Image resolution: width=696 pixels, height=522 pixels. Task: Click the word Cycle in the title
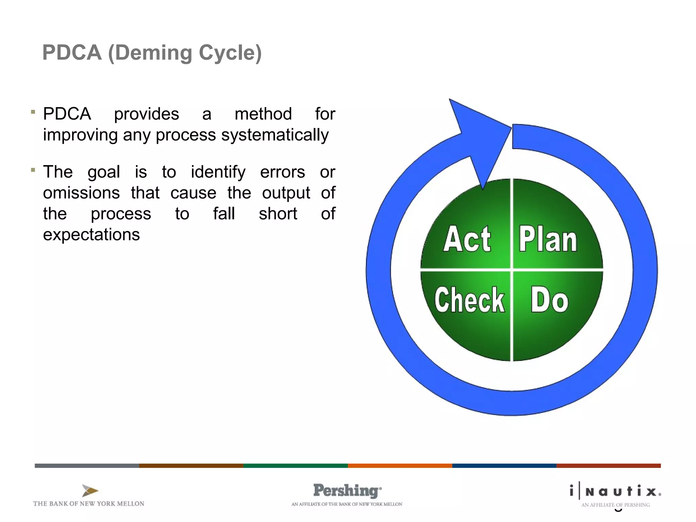229,53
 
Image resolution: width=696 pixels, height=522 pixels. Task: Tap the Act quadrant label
467,239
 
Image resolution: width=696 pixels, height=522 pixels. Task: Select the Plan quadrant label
547,240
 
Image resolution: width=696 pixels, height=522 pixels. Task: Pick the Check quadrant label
469,300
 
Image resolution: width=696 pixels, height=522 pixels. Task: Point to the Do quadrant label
549,300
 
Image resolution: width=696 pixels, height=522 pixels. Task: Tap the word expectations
91,234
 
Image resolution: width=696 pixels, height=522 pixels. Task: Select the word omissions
81,193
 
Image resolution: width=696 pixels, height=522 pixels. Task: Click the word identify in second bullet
218,172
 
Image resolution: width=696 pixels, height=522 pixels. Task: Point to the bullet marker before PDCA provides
33,112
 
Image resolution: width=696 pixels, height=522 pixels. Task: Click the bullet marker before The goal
33,170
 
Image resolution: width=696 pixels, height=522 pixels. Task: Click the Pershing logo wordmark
347,491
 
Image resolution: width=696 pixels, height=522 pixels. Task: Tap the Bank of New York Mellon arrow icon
90,491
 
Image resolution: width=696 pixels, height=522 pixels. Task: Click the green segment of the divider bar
295,466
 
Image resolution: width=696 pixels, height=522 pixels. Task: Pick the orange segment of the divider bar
400,466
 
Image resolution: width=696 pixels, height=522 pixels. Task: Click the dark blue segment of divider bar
504,466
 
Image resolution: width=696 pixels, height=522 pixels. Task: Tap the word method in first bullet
263,114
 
